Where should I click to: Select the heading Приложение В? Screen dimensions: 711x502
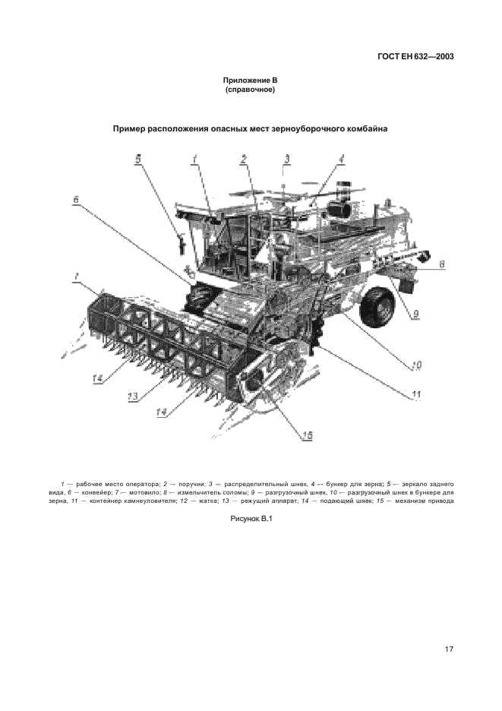tap(250, 81)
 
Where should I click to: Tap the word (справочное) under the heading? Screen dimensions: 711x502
tap(250, 90)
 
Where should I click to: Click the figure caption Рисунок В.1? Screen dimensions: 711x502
tap(251, 518)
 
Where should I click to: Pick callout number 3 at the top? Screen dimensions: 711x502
tap(286, 159)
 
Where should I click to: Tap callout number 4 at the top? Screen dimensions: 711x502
tap(341, 159)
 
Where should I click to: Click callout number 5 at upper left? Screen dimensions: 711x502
tap(137, 159)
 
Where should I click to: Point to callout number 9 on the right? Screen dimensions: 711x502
tap(417, 311)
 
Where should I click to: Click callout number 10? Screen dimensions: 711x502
tap(416, 365)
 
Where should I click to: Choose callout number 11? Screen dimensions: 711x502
tap(416, 393)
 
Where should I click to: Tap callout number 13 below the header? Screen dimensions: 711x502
tap(132, 397)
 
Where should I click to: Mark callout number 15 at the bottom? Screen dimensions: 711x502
tap(307, 434)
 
